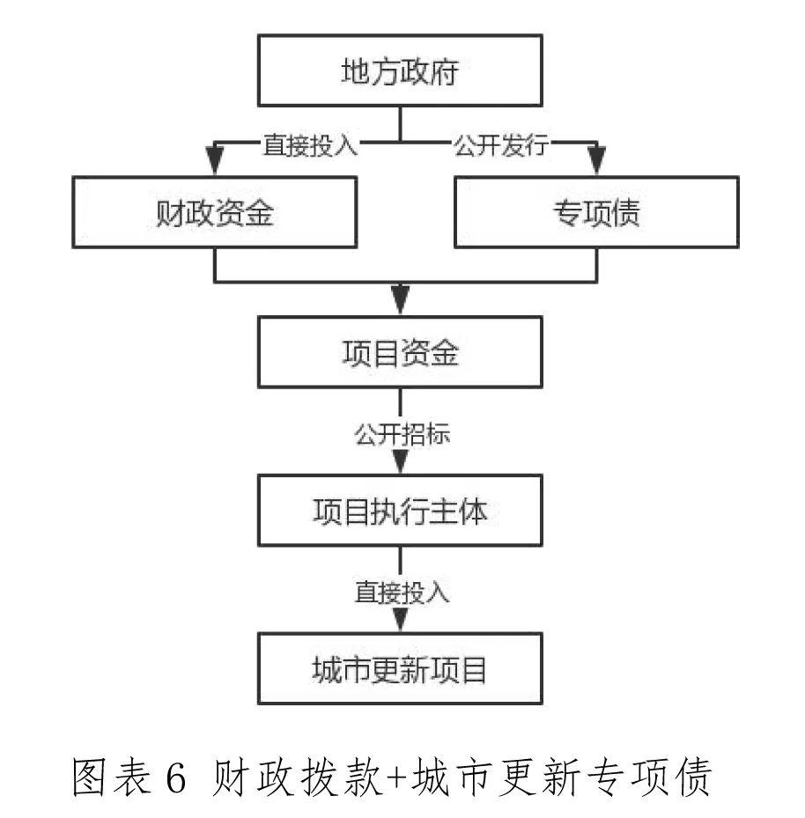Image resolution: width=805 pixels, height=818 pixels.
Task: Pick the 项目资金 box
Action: point(400,353)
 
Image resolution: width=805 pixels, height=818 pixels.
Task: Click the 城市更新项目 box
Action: point(400,670)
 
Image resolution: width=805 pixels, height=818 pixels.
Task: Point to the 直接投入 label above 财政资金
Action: point(311,144)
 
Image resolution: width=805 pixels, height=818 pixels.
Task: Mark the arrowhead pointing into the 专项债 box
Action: point(596,164)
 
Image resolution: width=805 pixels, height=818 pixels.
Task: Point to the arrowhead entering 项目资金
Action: point(401,303)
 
